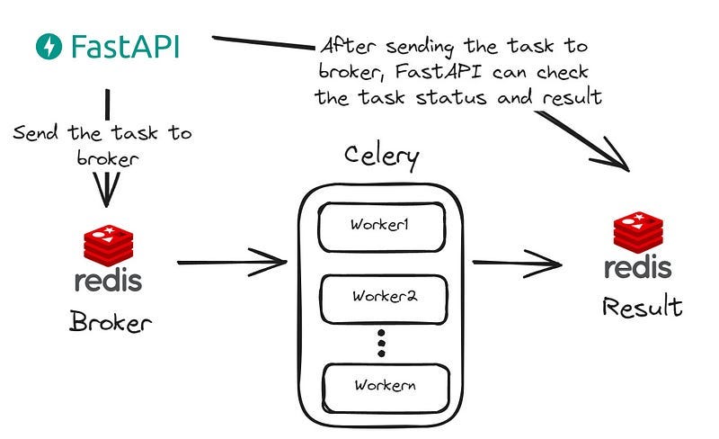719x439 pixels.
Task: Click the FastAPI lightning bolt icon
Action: (x=49, y=46)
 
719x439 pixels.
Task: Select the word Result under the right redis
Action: (x=641, y=308)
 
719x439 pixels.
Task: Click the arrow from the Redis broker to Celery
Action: (x=232, y=263)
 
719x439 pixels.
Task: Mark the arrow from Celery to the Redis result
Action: (x=517, y=263)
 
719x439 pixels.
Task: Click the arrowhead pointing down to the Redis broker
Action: (x=108, y=192)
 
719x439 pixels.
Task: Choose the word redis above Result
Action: (x=637, y=267)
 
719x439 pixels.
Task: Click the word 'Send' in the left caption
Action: (x=37, y=134)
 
